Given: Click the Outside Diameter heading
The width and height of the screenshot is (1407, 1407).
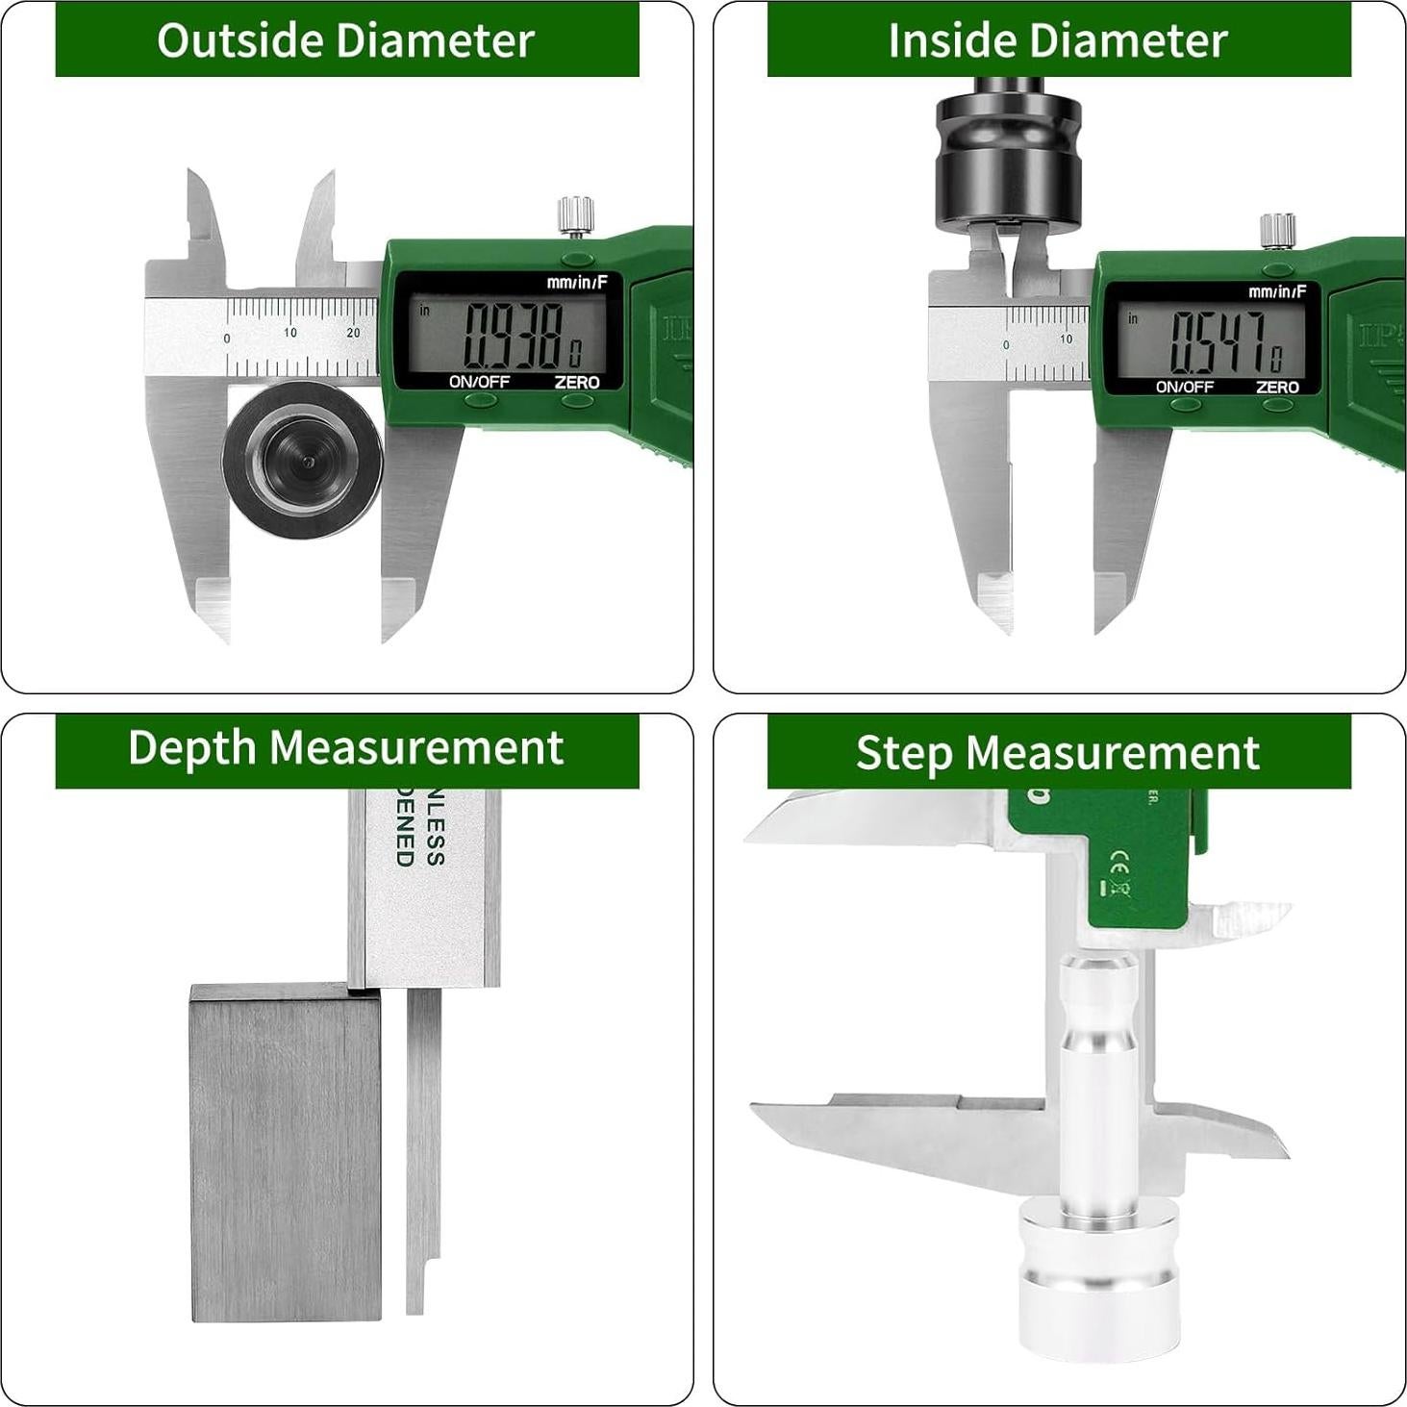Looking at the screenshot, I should [346, 40].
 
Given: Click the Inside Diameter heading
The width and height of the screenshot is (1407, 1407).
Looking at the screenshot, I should [1058, 40].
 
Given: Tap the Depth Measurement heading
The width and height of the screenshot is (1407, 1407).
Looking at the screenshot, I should [346, 748].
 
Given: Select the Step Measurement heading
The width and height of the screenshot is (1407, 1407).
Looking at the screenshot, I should [1058, 752].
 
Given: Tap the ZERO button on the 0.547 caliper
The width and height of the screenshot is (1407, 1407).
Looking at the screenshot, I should [1277, 405].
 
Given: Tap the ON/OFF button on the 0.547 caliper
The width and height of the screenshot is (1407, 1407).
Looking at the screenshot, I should [1185, 405].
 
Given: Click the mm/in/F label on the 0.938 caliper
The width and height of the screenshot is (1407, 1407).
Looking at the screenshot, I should [577, 282].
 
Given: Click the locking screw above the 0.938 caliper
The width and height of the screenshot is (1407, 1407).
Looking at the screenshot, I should [575, 214].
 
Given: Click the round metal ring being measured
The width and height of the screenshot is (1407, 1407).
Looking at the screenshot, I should [303, 460].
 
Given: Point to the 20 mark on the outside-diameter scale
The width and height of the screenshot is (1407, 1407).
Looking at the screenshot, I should [353, 333].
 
